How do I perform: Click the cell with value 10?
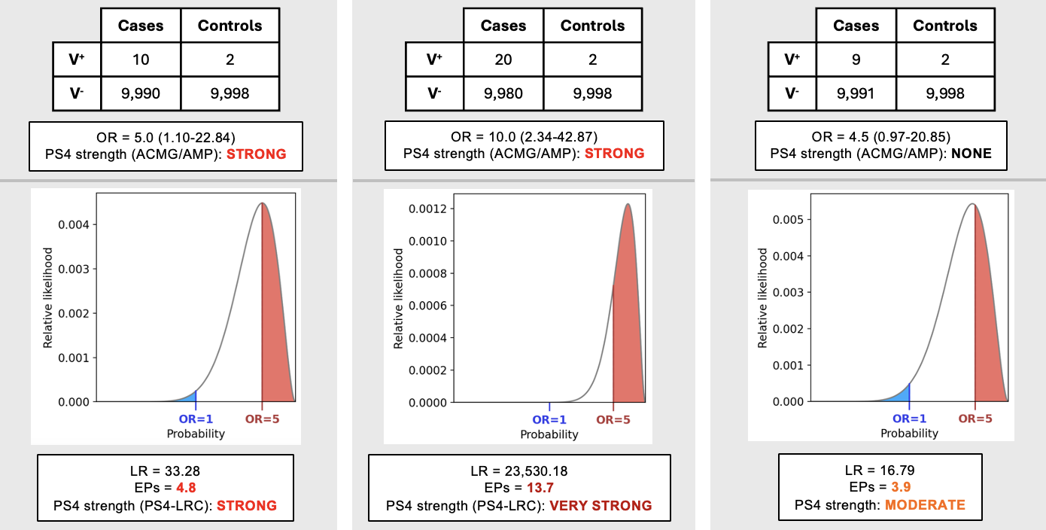pos(141,59)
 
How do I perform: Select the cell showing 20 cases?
pos(503,59)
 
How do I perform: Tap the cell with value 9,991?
pos(856,93)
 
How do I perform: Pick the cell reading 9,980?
pos(503,93)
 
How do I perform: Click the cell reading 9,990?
pos(141,93)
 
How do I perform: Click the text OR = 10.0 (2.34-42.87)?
pos(524,137)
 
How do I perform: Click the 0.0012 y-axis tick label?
pos(428,209)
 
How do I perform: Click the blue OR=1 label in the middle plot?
pos(551,420)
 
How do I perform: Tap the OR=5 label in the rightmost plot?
pos(975,419)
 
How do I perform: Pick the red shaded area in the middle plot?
pos(628,331)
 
